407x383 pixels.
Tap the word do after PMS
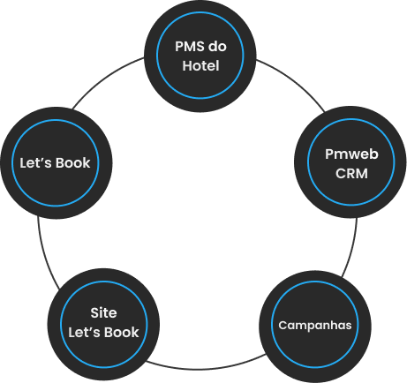point(217,47)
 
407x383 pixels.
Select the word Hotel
point(200,65)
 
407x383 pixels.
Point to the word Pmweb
point(351,154)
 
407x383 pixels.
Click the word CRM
point(351,174)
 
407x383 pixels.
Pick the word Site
point(103,312)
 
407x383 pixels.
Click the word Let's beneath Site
point(85,332)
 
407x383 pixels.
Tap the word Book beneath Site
point(122,332)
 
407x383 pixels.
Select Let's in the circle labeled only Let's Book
point(36,163)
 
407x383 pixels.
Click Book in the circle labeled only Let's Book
point(73,163)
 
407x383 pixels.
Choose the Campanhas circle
point(315,325)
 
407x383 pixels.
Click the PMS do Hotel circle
point(200,56)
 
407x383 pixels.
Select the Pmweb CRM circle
point(350,162)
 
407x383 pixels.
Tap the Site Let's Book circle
point(103,325)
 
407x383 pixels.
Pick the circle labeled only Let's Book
point(57,162)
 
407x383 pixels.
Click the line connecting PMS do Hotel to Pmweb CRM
point(295,80)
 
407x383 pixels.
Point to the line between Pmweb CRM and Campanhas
point(352,248)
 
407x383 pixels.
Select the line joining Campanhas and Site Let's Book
point(206,369)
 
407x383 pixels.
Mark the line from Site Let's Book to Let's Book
point(45,254)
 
